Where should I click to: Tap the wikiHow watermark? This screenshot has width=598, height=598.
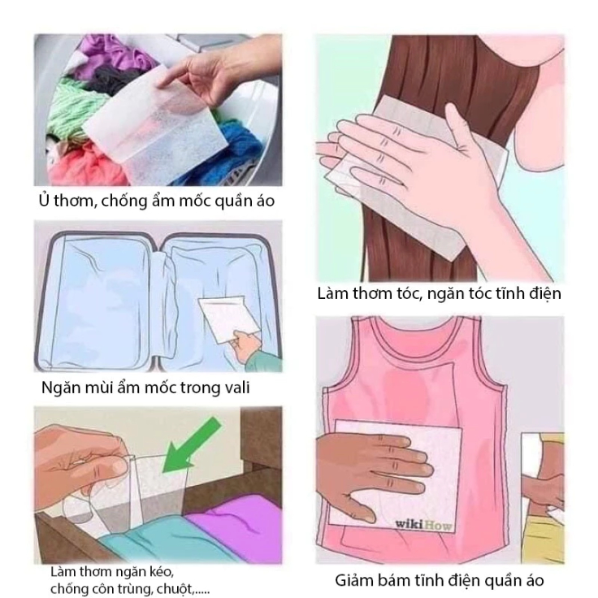click(x=423, y=525)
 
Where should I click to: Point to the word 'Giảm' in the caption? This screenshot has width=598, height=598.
click(x=354, y=580)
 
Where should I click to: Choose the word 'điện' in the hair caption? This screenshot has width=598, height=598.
click(x=544, y=294)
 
